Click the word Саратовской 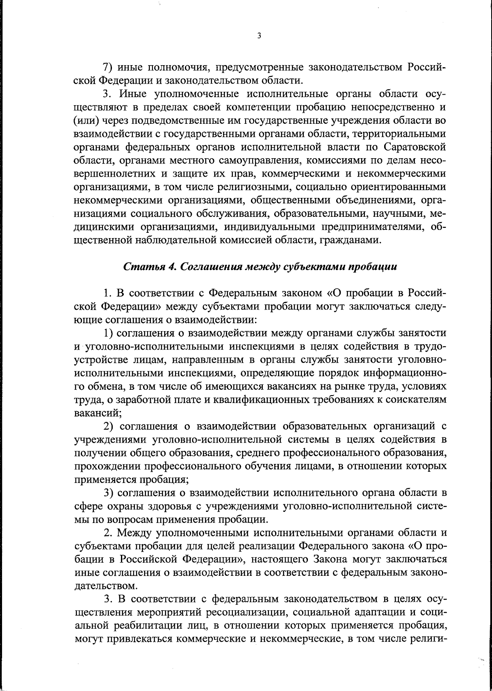click(415, 147)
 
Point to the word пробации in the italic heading click(373, 267)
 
